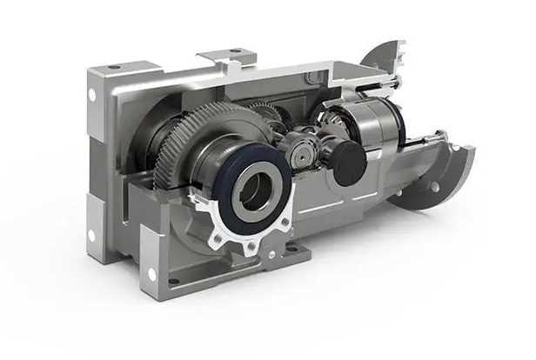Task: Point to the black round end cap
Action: [x=349, y=162]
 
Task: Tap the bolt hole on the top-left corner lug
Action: [x=113, y=67]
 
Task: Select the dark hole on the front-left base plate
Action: [x=174, y=280]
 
